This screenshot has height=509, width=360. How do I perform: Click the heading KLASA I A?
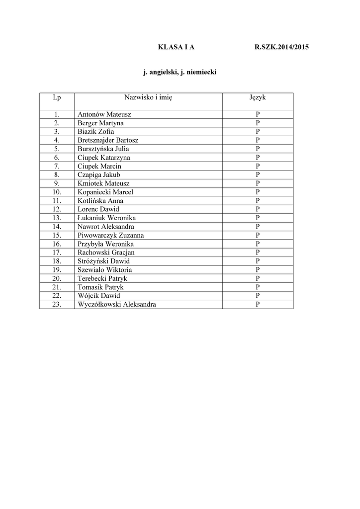click(x=176, y=47)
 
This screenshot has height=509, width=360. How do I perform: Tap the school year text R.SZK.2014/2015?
click(x=281, y=47)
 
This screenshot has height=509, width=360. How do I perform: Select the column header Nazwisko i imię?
click(x=148, y=97)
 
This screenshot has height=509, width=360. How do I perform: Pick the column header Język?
click(x=258, y=97)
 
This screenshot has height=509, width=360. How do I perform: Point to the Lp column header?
click(x=57, y=97)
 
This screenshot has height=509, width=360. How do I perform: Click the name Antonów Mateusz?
click(x=104, y=114)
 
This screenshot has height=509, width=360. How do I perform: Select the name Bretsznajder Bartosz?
click(x=108, y=140)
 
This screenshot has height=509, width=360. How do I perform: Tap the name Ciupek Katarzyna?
click(x=104, y=158)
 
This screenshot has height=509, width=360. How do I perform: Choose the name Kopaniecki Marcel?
click(x=105, y=192)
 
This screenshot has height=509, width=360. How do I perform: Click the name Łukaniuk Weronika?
click(x=106, y=218)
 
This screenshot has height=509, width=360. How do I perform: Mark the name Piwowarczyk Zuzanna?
click(x=110, y=235)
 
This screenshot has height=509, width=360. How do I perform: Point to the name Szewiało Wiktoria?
click(x=105, y=270)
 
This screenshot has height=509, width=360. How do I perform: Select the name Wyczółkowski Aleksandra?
click(x=116, y=304)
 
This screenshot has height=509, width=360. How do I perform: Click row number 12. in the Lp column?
click(x=57, y=209)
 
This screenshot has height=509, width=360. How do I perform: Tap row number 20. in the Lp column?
click(x=57, y=278)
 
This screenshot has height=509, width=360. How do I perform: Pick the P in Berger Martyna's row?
click(x=258, y=123)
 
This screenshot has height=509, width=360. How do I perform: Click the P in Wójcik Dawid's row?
click(x=258, y=296)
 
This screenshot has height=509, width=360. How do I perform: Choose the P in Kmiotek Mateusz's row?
click(x=258, y=183)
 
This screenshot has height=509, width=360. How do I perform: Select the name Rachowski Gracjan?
click(x=106, y=253)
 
